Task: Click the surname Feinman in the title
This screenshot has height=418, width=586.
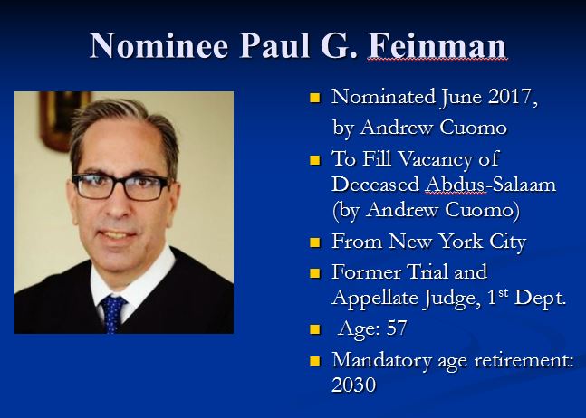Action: pos(437,45)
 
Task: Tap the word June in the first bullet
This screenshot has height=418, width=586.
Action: pos(442,98)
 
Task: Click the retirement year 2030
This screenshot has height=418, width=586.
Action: pos(354,385)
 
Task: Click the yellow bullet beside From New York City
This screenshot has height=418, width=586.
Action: pos(315,242)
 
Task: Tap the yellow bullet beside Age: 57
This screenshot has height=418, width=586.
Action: pos(315,328)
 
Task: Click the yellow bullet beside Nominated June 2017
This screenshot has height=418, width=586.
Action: pos(315,99)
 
